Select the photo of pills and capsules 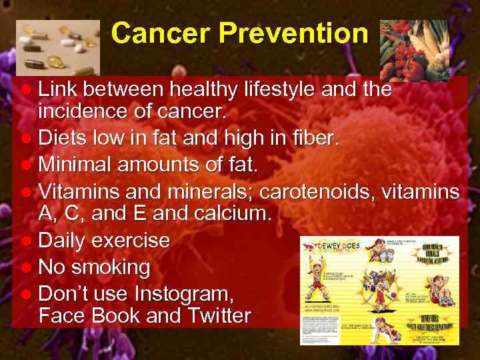57,48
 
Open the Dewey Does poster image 379,290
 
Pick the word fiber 315,139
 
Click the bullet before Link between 26,90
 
